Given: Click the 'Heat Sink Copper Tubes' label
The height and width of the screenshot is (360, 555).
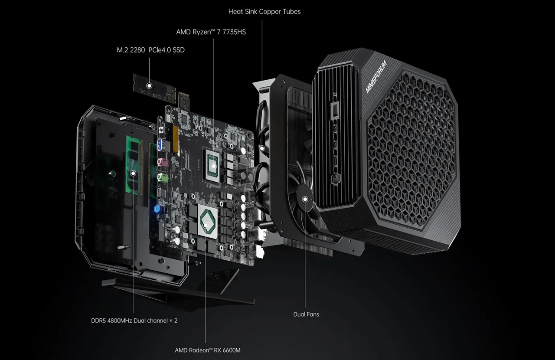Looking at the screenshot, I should click(x=264, y=12).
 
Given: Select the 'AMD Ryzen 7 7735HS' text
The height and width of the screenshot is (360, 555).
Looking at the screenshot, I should click(x=211, y=32).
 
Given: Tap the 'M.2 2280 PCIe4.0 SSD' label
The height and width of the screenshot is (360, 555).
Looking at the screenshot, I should click(x=150, y=50).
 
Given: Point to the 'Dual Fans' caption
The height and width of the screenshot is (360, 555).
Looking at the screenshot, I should click(x=306, y=314).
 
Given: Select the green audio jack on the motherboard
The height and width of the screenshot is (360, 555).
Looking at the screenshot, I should click(x=162, y=177).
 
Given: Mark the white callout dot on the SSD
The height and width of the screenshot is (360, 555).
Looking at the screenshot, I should click(x=149, y=85).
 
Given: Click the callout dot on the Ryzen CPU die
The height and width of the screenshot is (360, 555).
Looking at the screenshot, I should click(x=214, y=165).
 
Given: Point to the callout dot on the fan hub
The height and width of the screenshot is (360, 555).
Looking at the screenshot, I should click(x=305, y=199).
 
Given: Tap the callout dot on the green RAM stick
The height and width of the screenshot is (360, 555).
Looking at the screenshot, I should click(x=133, y=173).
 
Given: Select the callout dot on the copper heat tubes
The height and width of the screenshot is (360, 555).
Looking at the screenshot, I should click(x=261, y=148).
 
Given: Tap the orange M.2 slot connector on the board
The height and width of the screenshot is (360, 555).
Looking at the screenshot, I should click(x=176, y=139).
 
